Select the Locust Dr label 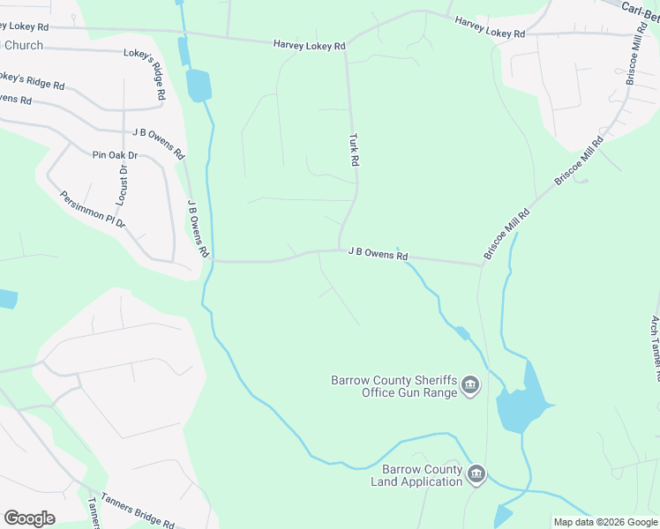[x=123, y=184]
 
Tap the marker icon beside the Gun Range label [x=470, y=384]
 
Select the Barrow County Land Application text [x=422, y=475]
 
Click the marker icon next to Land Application [x=476, y=474]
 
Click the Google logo [x=29, y=518]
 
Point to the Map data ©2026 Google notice [x=606, y=522]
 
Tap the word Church [x=23, y=45]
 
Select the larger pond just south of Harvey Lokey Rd [x=199, y=85]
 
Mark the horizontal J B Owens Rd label [x=378, y=253]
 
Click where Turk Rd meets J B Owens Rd [x=340, y=250]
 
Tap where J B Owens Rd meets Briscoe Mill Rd [x=482, y=263]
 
